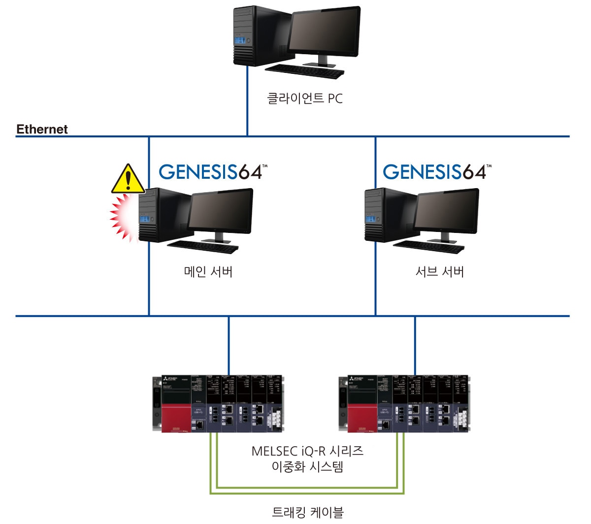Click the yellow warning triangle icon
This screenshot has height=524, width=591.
128,179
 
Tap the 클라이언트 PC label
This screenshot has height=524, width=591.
304,98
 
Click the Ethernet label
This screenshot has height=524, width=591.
42,130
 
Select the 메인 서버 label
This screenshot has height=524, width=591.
208,271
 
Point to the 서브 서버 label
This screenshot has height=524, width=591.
440,271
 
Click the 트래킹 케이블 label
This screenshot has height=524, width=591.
308,512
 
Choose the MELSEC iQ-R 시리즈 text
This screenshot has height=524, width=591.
307,451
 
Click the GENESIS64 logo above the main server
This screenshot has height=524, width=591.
213,171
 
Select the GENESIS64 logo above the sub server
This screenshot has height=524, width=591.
437,171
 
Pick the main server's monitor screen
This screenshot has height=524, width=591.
221,212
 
